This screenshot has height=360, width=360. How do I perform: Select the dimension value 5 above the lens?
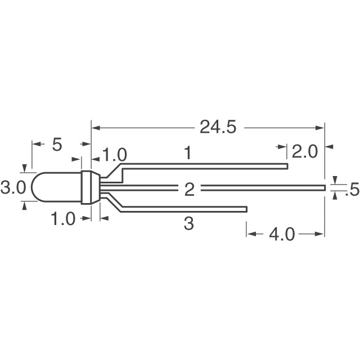tap(57, 145)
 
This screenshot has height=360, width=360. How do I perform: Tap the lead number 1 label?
tap(188, 152)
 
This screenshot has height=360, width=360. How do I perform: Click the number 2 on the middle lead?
tap(189, 189)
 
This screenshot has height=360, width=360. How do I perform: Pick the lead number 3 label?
tap(189, 224)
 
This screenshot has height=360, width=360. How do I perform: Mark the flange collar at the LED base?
tap(87, 187)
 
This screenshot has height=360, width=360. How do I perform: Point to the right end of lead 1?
tap(286, 166)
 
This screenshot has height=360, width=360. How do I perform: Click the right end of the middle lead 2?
tap(324, 187)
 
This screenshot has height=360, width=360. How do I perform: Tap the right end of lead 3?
tap(246, 209)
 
